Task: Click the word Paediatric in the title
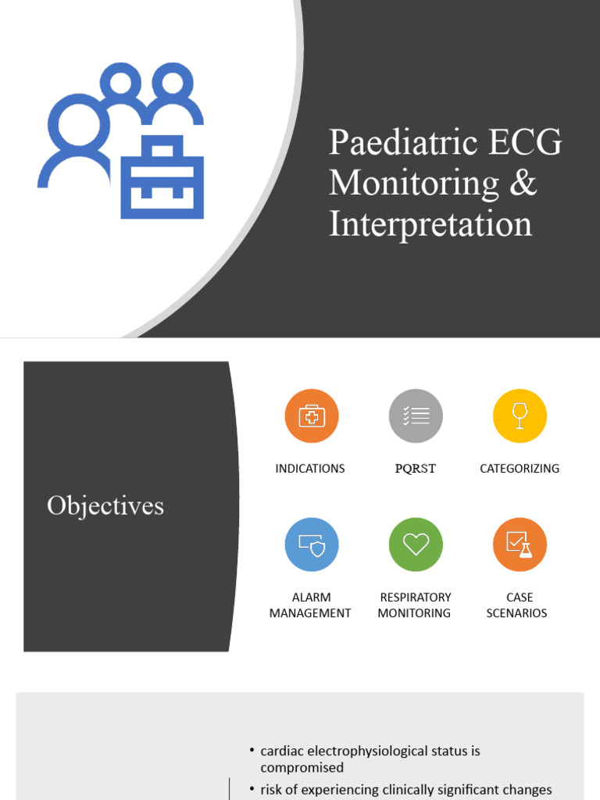[x=391, y=143]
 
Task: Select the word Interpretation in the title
[x=430, y=224]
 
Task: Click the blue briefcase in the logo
[x=162, y=177]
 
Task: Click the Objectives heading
[x=105, y=506]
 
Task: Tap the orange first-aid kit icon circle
[x=311, y=416]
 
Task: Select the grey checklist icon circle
[x=416, y=416]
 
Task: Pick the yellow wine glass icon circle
[x=520, y=416]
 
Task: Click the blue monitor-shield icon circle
[x=311, y=545]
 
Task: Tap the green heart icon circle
[x=416, y=545]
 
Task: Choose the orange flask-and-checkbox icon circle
[x=520, y=545]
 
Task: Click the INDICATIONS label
[x=310, y=469]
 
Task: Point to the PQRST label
[x=416, y=469]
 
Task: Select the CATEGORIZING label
[x=520, y=469]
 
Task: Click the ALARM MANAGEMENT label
[x=310, y=605]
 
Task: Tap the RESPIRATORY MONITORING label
[x=415, y=605]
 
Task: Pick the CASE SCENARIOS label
[x=517, y=605]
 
